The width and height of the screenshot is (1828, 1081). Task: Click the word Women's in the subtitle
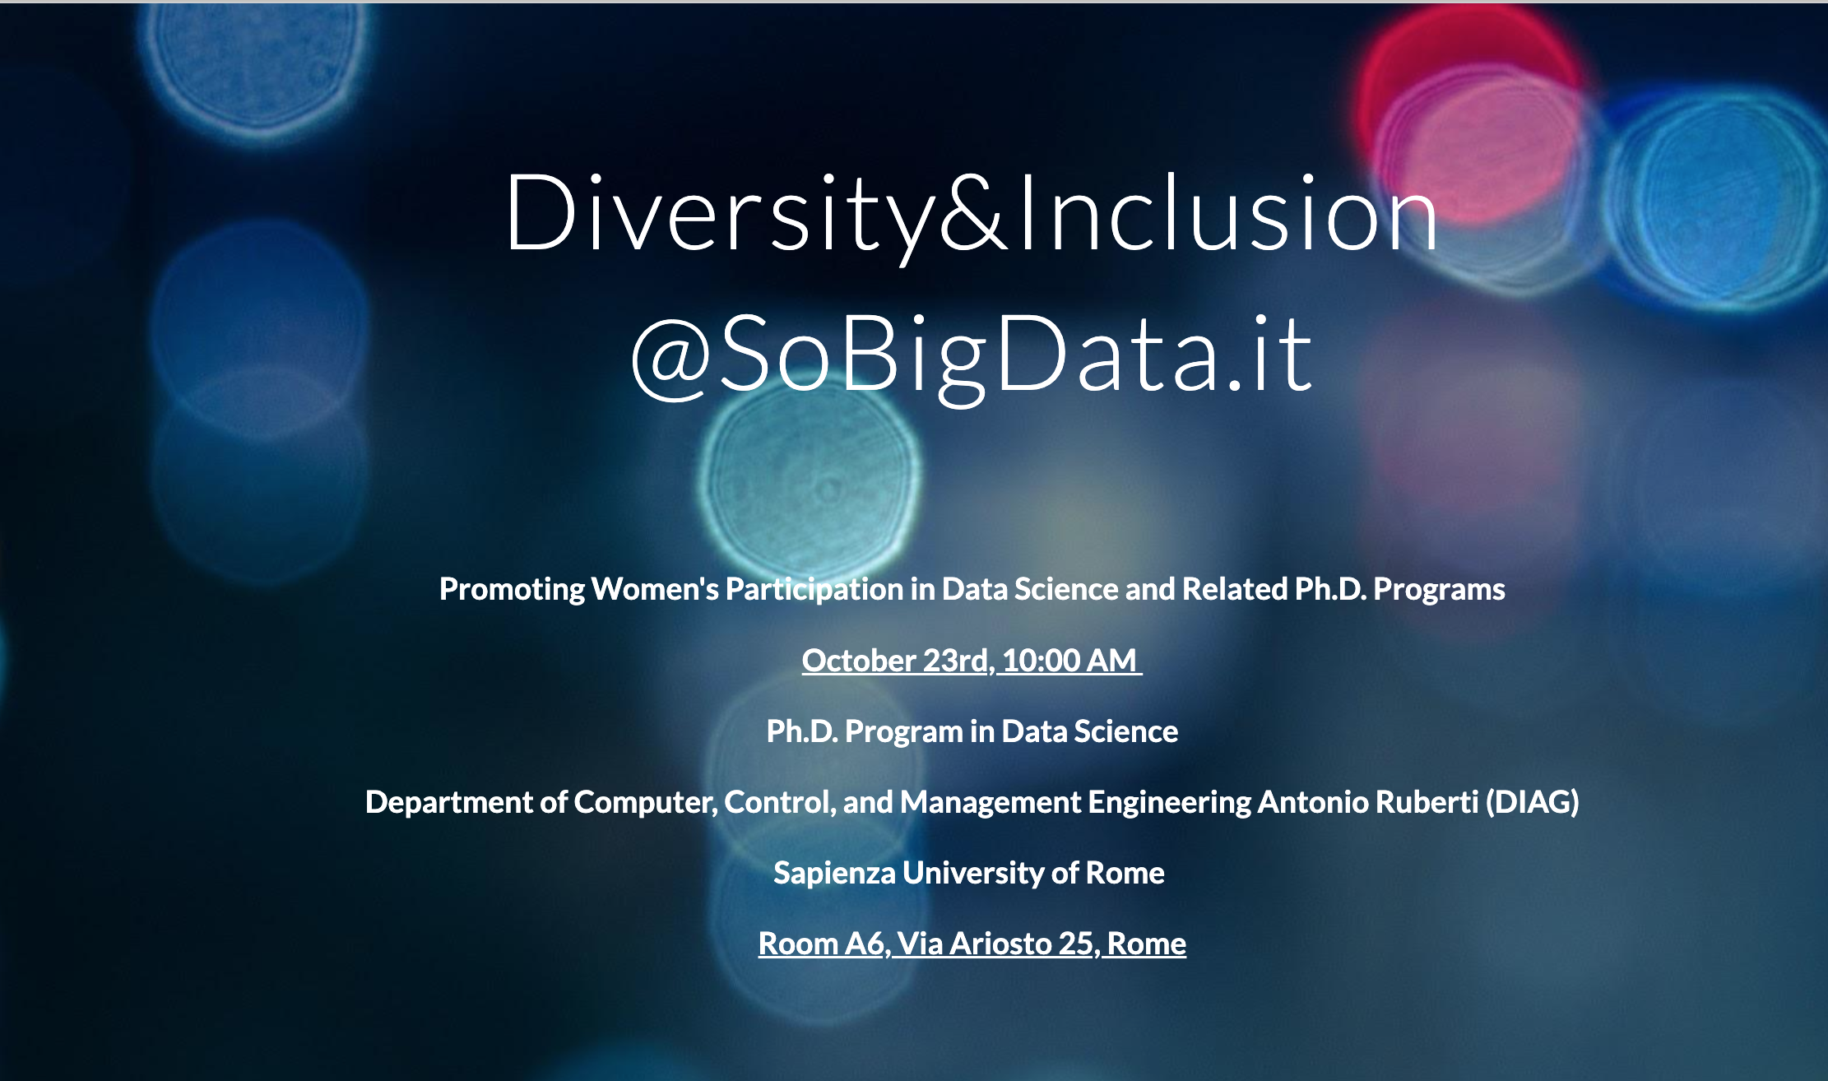pos(655,589)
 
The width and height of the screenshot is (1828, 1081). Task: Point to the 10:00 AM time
pos(1069,661)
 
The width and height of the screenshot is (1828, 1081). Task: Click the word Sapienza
pos(834,874)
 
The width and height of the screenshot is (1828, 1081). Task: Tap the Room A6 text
pos(824,944)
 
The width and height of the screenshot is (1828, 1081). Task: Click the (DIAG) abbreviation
pos(1532,802)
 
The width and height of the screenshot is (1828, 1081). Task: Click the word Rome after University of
pos(1125,873)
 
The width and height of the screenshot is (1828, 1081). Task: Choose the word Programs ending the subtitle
pos(1439,590)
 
